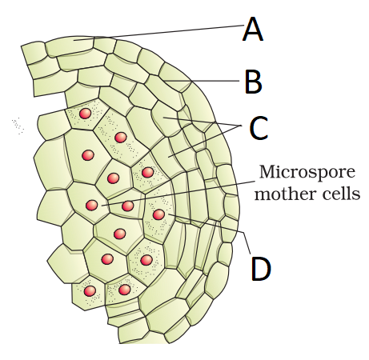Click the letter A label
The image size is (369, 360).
[x=253, y=29]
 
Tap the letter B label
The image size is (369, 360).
[x=253, y=81]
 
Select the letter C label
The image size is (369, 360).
[x=259, y=128]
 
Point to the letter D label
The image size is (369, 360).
[x=261, y=268]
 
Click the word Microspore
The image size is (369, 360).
[x=307, y=172]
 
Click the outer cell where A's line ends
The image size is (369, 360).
[x=70, y=46]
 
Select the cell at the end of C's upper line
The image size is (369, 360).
[x=166, y=119]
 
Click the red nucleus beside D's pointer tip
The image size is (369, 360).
[x=158, y=214]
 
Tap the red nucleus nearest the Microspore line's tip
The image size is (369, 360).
[x=92, y=205]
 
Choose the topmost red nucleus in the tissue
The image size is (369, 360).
[x=86, y=114]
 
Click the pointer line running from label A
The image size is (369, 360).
[x=158, y=33]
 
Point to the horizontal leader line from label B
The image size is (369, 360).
[x=201, y=81]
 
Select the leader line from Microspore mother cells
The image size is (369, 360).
[x=178, y=194]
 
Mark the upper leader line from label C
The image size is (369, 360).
[x=203, y=122]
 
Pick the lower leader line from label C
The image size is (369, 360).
[x=205, y=141]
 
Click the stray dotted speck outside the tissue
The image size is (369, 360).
[x=18, y=126]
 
